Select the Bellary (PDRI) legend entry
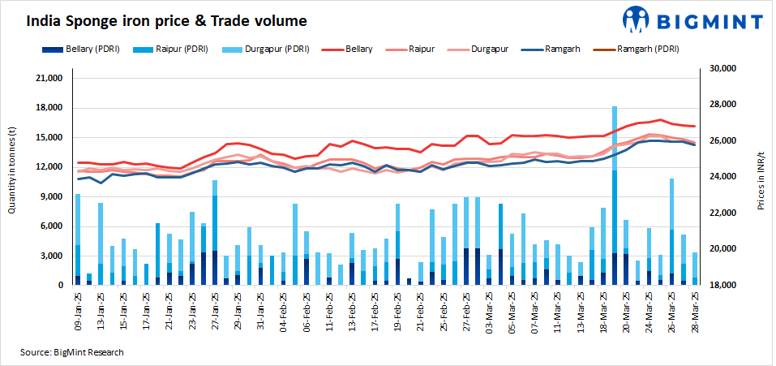coord(88,49)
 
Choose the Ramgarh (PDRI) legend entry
coord(637,49)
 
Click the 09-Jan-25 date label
coord(78,307)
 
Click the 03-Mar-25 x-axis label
coord(488,307)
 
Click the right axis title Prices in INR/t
coord(761,176)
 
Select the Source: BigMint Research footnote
coord(72,351)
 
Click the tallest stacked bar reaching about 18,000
coord(615,195)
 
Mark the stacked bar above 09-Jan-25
coord(78,239)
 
